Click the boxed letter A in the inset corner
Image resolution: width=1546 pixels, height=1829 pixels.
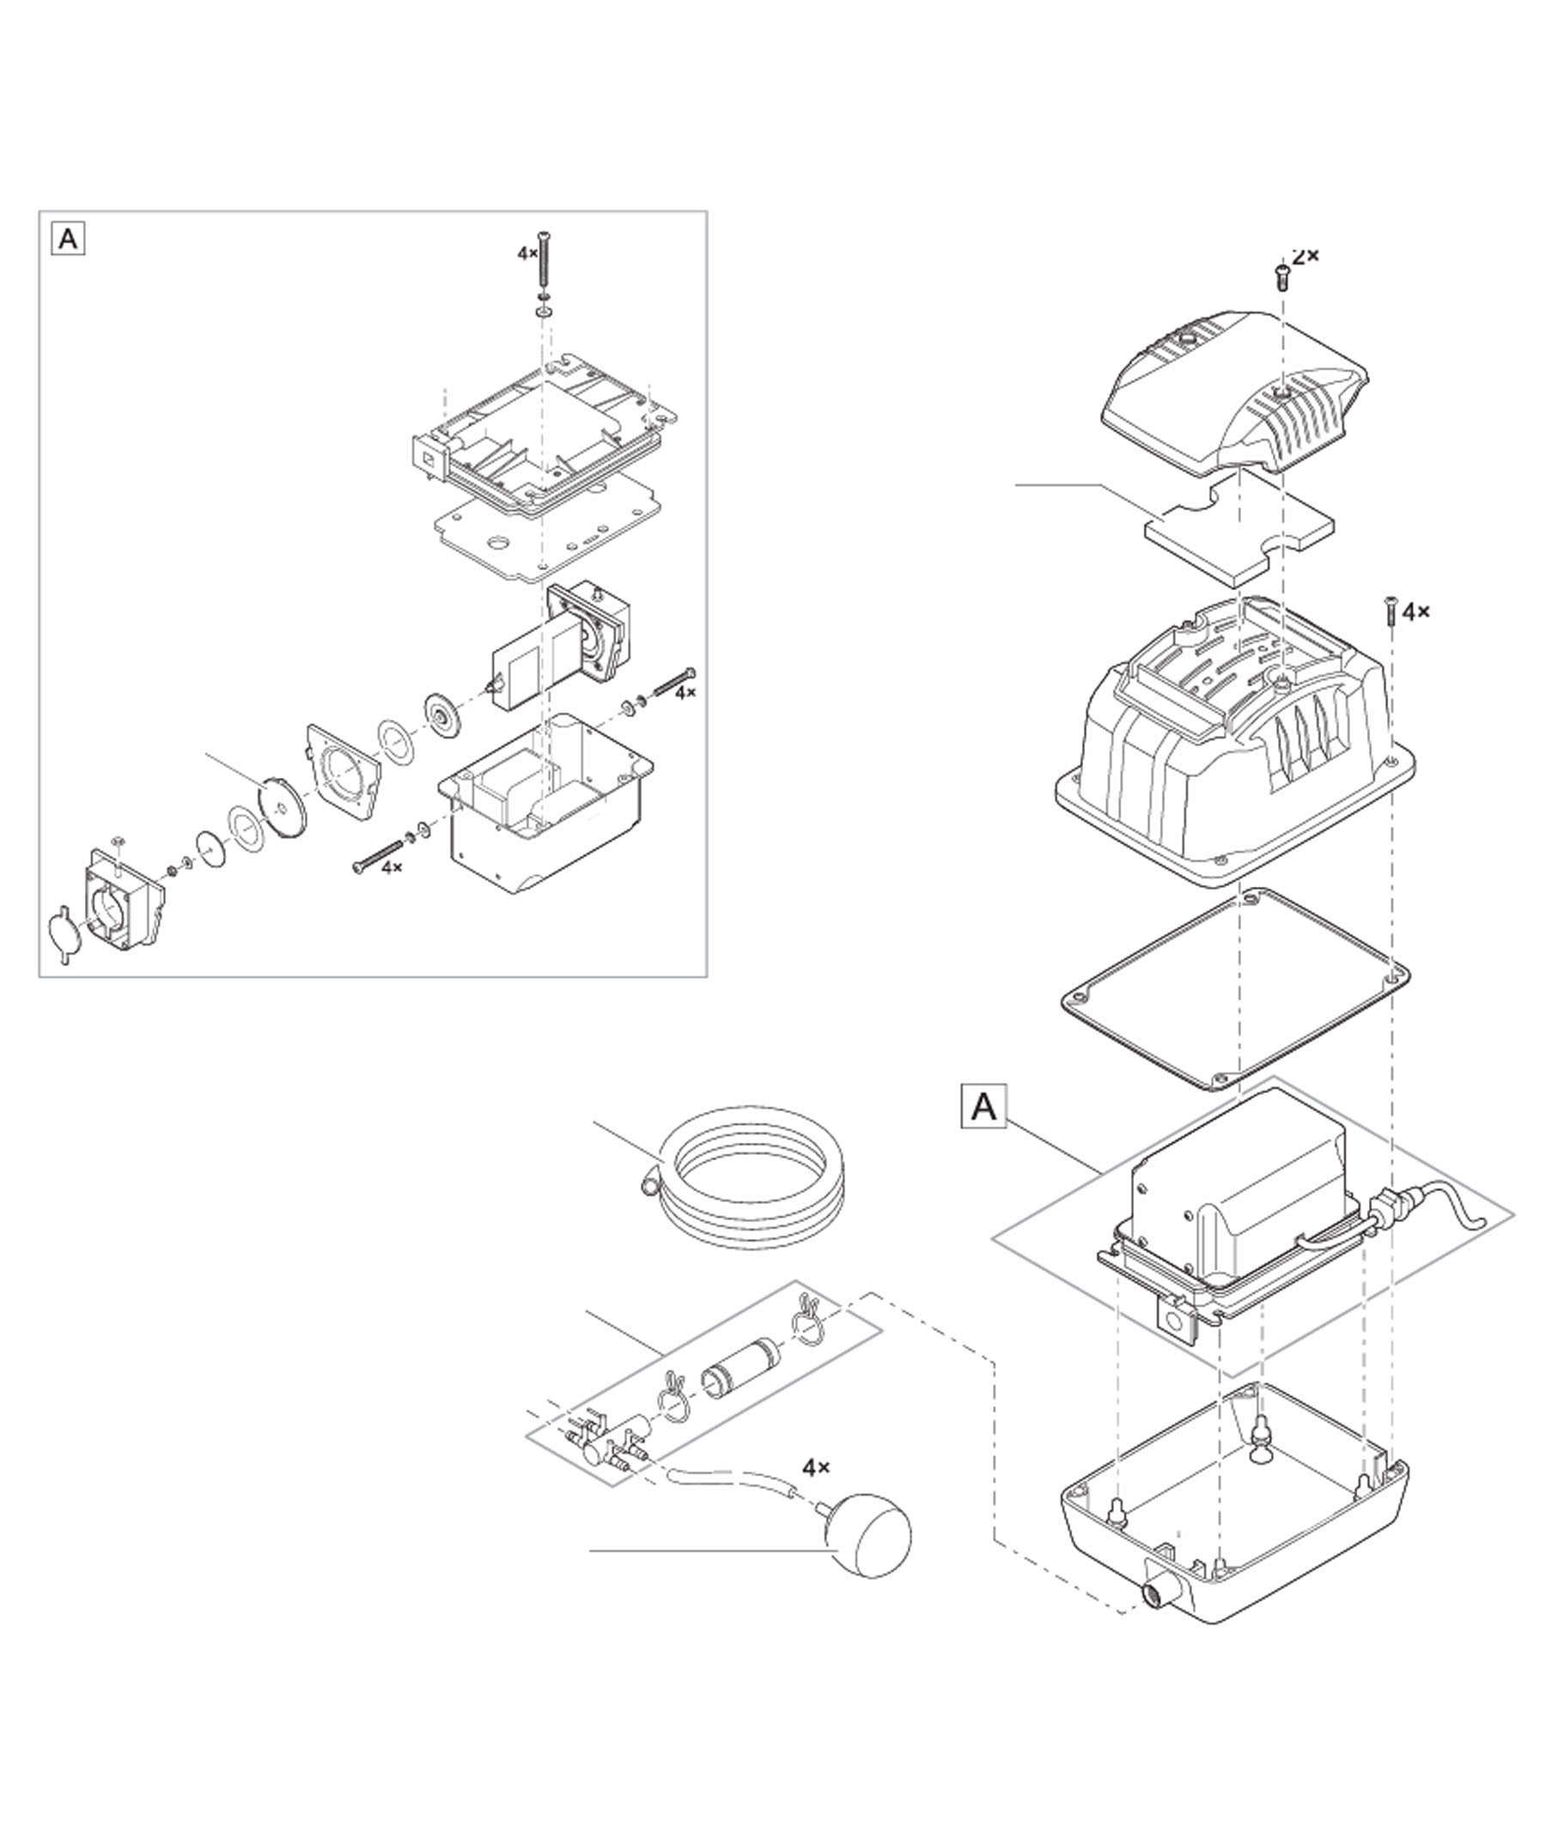pos(69,240)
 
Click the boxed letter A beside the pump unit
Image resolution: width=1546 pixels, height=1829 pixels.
pos(984,1108)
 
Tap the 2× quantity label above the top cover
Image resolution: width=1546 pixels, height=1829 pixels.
pos(1305,256)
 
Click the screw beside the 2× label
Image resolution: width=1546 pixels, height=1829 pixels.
pos(1281,278)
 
